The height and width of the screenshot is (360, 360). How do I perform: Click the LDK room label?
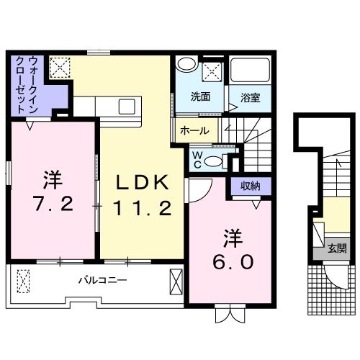[x=143, y=182]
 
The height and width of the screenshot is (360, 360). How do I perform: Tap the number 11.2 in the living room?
[x=143, y=210]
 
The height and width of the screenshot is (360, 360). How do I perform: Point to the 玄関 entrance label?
[x=337, y=249]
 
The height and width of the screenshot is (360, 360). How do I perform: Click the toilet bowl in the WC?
[x=213, y=161]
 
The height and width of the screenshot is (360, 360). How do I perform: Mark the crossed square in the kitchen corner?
[x=58, y=66]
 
